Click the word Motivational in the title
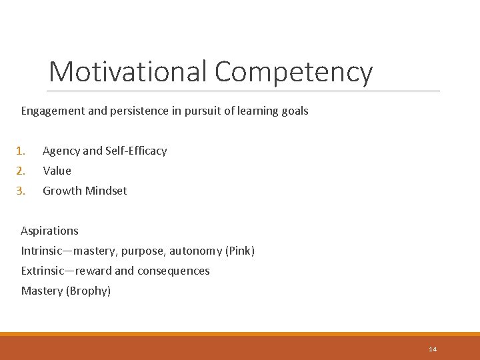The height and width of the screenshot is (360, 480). (x=129, y=71)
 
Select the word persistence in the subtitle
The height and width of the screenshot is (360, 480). (x=137, y=111)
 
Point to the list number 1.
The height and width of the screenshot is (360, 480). (x=21, y=151)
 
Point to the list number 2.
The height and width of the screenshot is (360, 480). (x=21, y=171)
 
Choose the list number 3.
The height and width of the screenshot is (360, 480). (x=21, y=191)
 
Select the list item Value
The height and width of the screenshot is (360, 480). (x=57, y=171)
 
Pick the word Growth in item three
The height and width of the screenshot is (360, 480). (x=61, y=191)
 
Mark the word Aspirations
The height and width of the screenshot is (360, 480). (x=49, y=231)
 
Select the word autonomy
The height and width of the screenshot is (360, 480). (x=195, y=251)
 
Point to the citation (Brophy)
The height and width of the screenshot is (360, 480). (x=89, y=291)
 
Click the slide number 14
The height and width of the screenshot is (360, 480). (x=433, y=349)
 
